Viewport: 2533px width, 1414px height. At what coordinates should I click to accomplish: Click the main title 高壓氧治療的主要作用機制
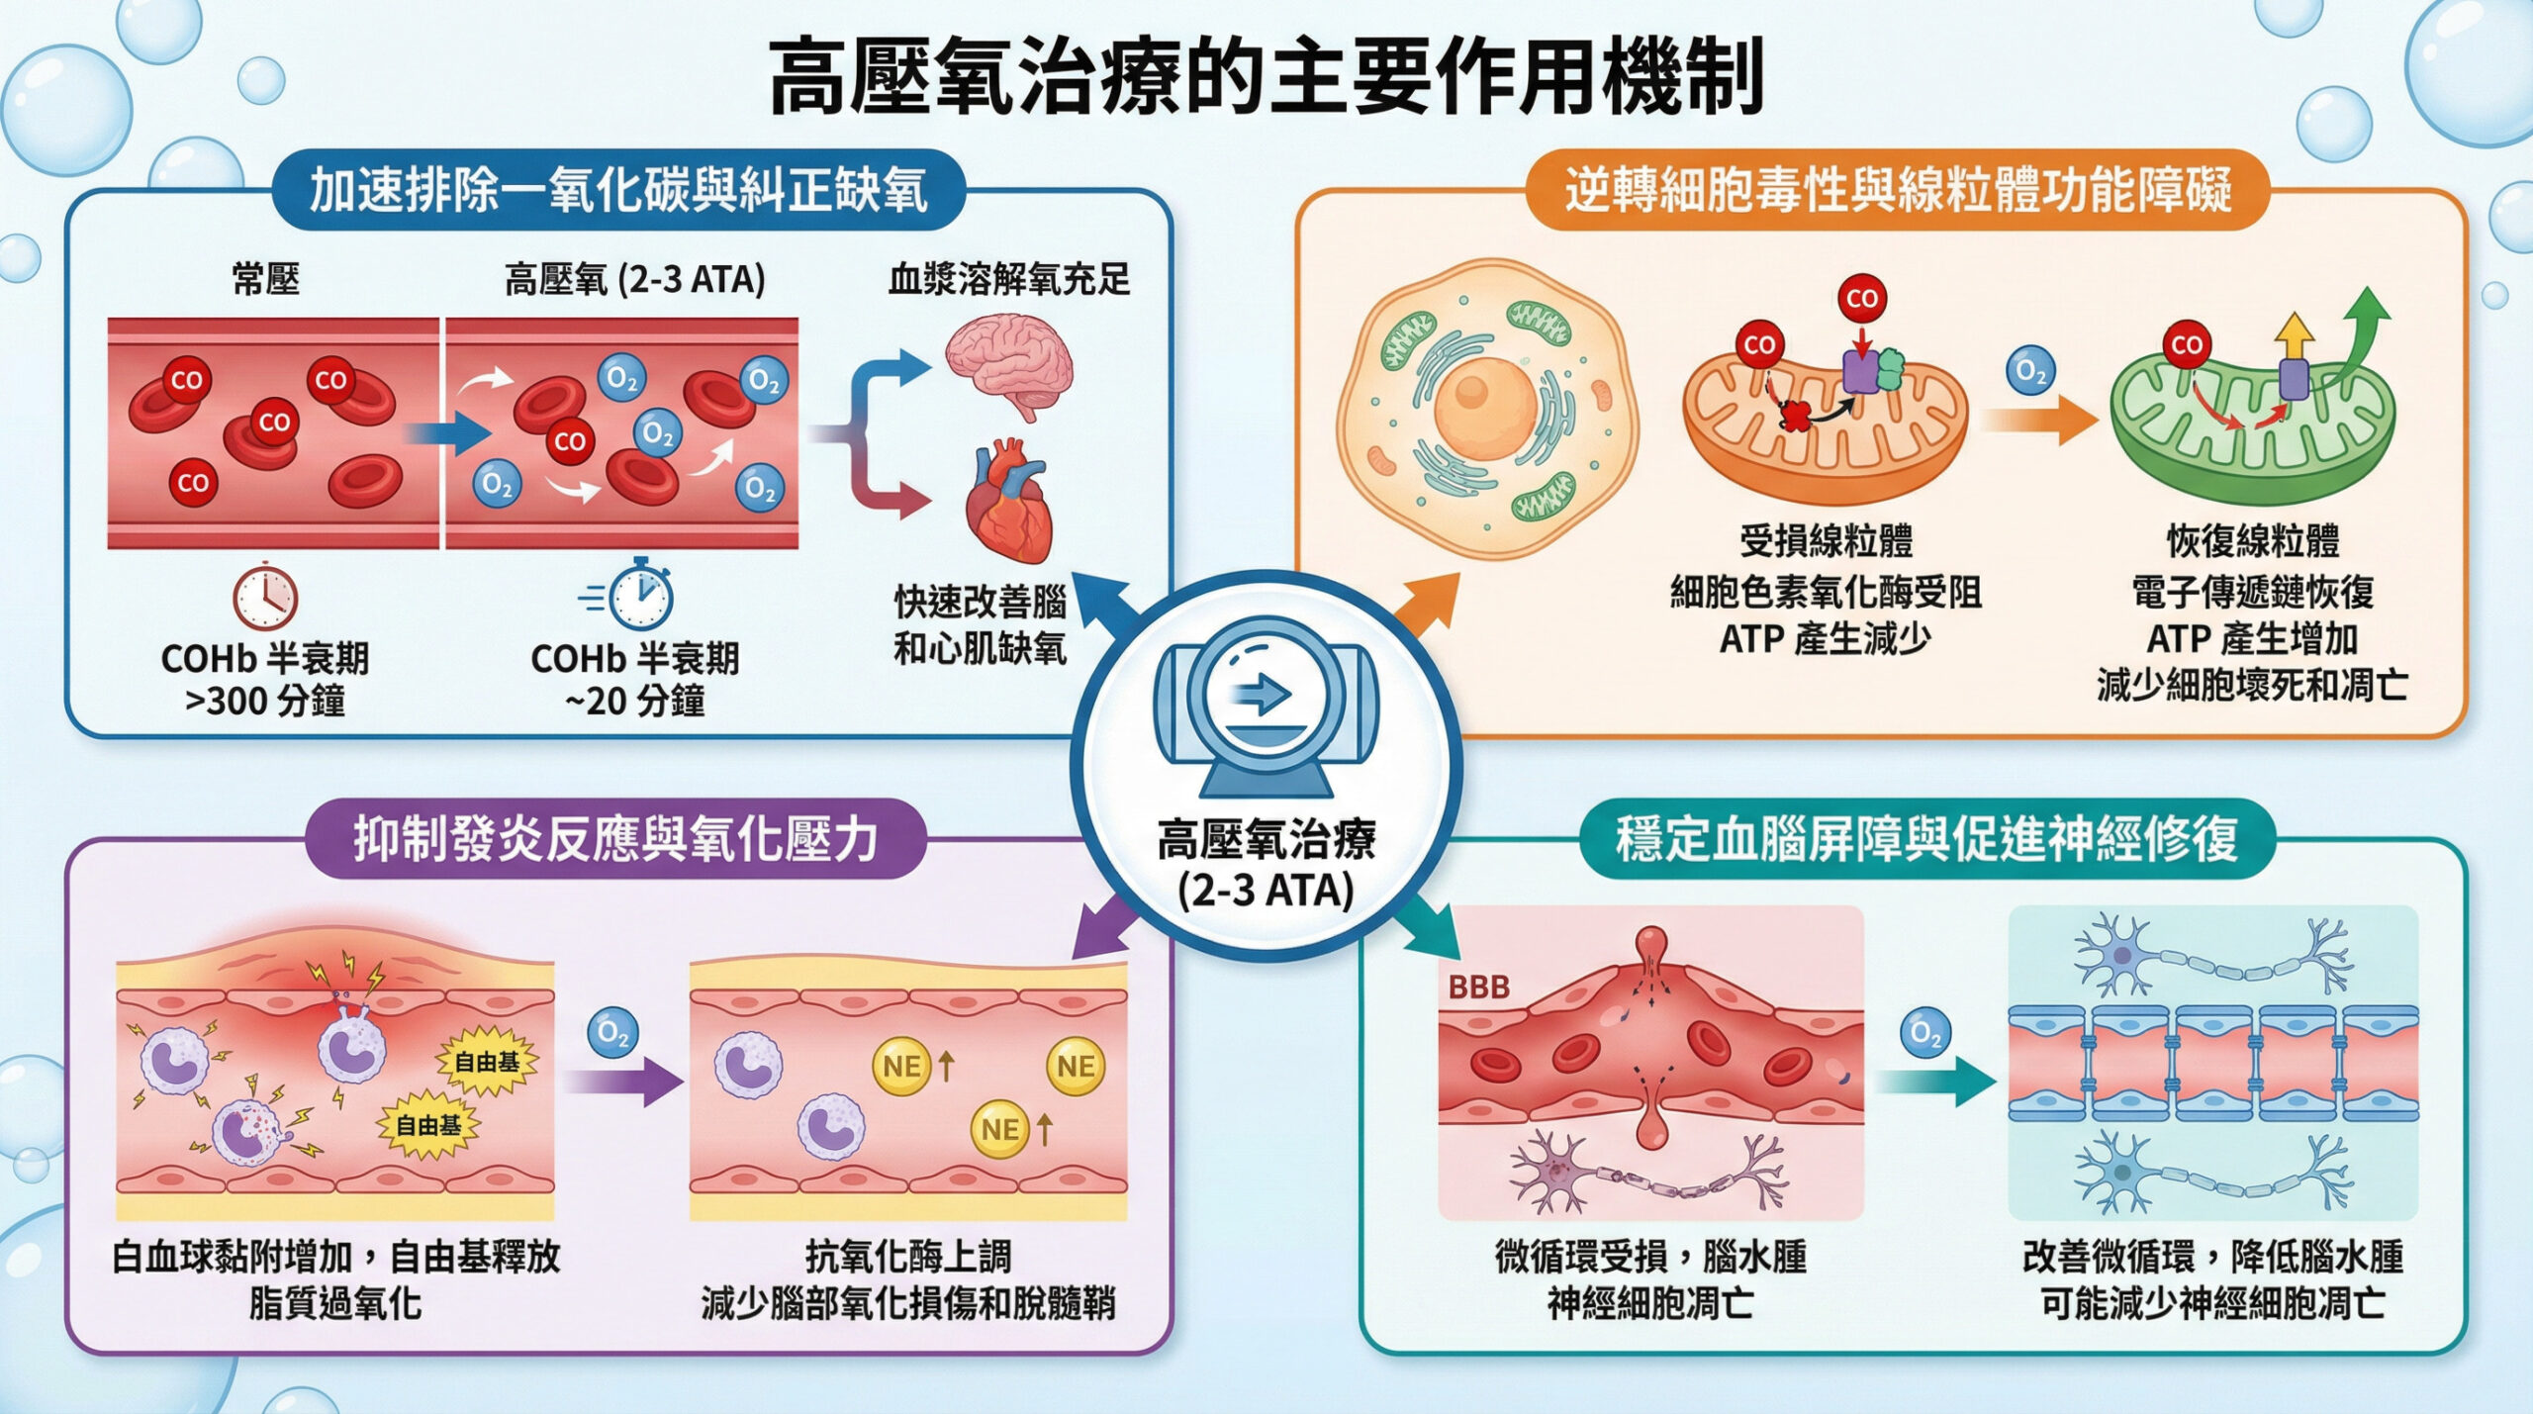tap(1266, 77)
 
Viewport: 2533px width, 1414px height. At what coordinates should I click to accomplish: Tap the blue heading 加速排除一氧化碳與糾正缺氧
tap(618, 191)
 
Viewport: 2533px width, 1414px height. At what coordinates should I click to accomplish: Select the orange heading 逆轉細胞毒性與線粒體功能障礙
tap(1897, 191)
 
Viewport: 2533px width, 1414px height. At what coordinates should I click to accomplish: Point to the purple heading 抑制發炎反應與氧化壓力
tap(615, 839)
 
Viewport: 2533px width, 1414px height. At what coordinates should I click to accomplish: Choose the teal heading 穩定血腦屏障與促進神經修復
tap(1925, 839)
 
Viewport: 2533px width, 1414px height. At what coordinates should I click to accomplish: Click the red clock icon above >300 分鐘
tap(265, 598)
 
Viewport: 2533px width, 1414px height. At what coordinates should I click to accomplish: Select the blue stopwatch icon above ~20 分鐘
tap(640, 595)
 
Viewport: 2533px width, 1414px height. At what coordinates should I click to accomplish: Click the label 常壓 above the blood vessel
tap(265, 280)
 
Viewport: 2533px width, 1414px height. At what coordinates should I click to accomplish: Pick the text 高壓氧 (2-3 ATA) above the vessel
tap(634, 280)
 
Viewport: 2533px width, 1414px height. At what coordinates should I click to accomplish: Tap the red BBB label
tap(1478, 987)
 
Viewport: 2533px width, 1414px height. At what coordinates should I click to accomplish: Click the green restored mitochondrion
tap(2252, 425)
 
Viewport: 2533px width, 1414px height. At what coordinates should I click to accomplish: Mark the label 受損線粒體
tap(1826, 541)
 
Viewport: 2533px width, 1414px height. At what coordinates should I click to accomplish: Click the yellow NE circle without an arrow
tap(1076, 1066)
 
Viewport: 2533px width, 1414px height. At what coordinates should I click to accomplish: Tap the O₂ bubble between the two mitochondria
tap(2030, 372)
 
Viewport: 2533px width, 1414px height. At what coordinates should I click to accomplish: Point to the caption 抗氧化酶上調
tap(907, 1257)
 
